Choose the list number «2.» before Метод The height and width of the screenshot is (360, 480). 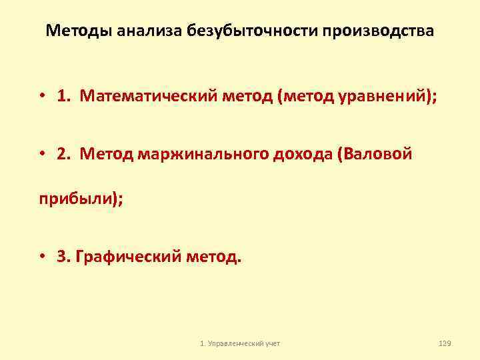pos(65,155)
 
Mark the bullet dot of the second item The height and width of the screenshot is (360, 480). pos(41,155)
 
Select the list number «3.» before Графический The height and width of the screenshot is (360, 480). pos(64,257)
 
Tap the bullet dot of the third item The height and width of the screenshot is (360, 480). pos(41,257)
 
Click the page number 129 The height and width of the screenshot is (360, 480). pos(445,343)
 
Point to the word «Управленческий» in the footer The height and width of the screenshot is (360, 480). pos(234,343)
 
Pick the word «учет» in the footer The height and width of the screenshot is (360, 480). pos(273,343)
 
